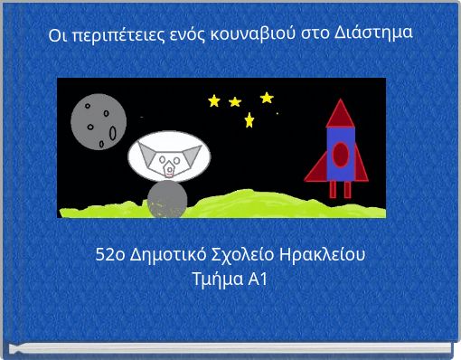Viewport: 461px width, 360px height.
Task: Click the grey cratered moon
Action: (97, 123)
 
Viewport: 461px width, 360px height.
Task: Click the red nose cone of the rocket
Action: (340, 113)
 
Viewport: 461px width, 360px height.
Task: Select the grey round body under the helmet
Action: (167, 200)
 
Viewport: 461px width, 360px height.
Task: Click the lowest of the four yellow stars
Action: (249, 120)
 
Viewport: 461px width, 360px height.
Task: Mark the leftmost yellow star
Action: (214, 100)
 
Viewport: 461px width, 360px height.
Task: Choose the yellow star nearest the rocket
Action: (267, 97)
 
